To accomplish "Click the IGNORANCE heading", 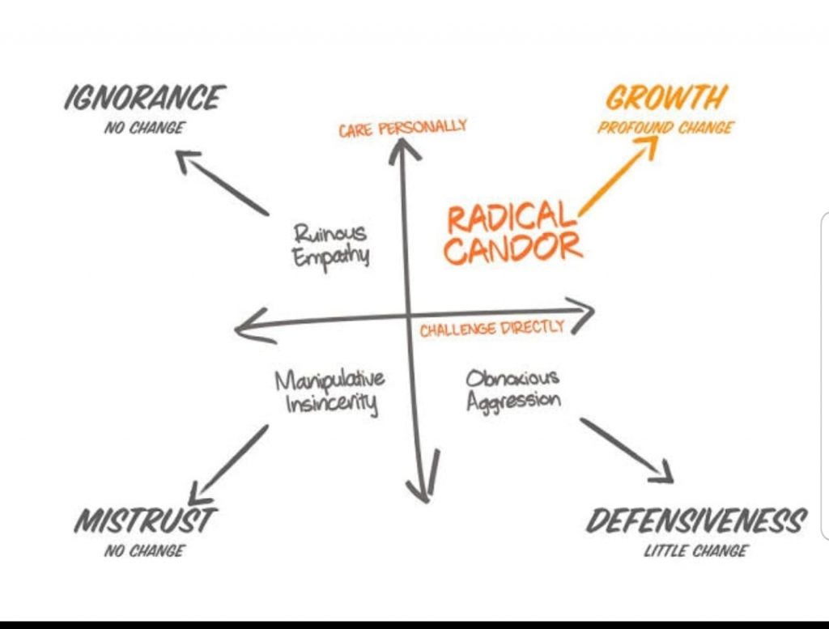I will (x=144, y=98).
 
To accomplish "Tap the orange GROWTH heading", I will (x=666, y=98).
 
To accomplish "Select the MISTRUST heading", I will (x=146, y=521).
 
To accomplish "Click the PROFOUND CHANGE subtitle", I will (x=665, y=128).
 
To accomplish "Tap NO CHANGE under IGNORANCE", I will (x=144, y=128).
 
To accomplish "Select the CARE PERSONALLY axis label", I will (x=402, y=128).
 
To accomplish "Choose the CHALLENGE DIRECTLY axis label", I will (x=492, y=329).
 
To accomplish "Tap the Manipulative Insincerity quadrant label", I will (x=330, y=391).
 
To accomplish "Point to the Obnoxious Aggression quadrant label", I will (x=513, y=389).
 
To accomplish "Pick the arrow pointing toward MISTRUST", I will (x=231, y=461).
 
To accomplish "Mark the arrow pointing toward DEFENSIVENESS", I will (x=626, y=450).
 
